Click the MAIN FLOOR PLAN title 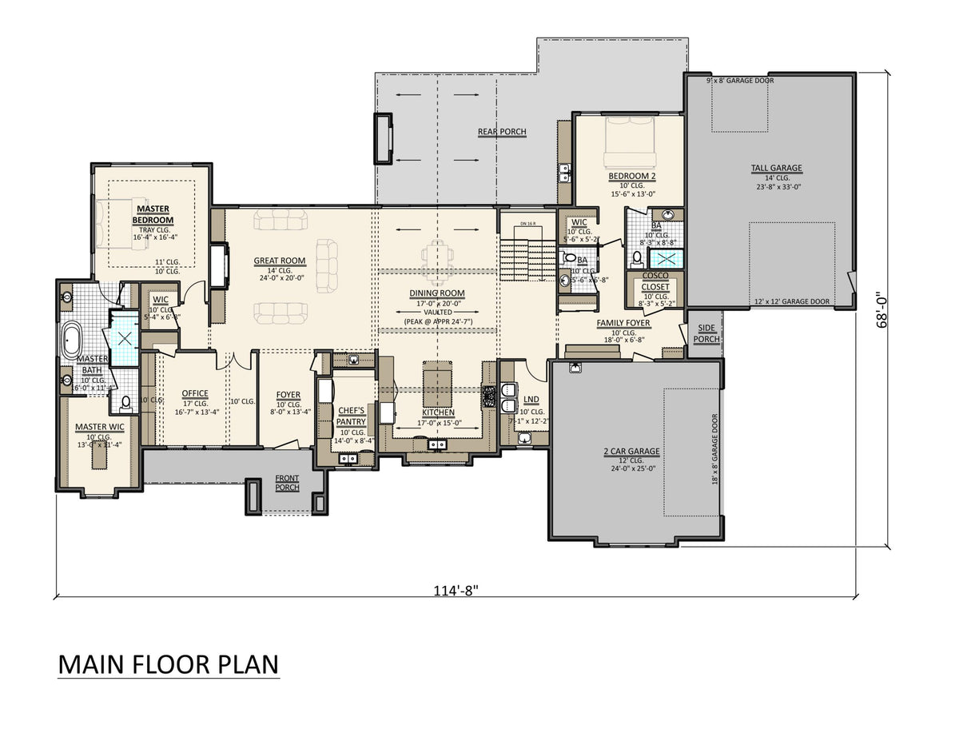coord(168,665)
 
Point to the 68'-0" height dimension coord(881,311)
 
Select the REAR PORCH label coord(502,132)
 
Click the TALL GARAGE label coord(776,169)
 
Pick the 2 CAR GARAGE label coord(631,451)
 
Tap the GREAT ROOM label coord(280,261)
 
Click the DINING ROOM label coord(437,293)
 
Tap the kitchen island coord(436,384)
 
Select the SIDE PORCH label coord(707,333)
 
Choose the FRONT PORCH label coord(287,482)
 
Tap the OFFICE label coord(195,393)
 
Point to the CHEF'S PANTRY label coord(351,416)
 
